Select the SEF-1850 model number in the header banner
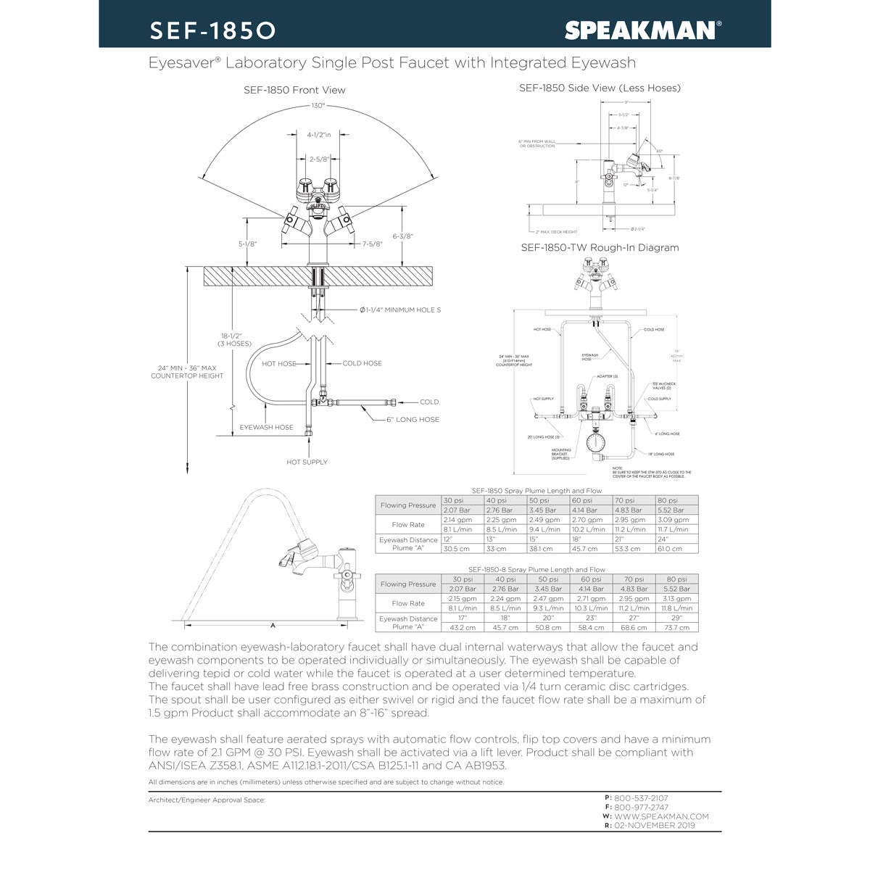[x=212, y=30]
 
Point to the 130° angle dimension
[x=318, y=106]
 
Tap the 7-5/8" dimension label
[x=372, y=244]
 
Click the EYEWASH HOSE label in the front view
[x=266, y=428]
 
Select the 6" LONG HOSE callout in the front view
[x=413, y=420]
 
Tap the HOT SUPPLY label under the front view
[x=307, y=462]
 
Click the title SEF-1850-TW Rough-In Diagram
[x=600, y=247]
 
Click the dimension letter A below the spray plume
[x=273, y=624]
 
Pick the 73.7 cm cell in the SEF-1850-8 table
[x=676, y=628]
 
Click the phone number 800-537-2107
[x=641, y=798]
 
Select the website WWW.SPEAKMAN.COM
[x=661, y=816]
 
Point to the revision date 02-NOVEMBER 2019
[x=654, y=826]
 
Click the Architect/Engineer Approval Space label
[x=207, y=800]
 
